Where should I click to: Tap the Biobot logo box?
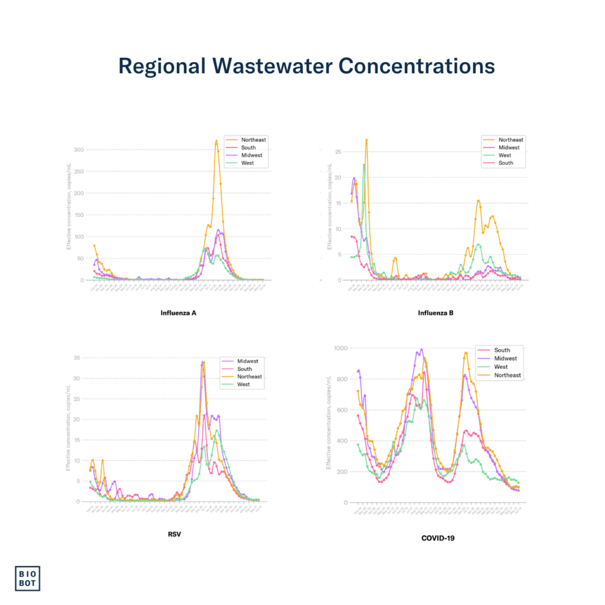pyautogui.click(x=28, y=578)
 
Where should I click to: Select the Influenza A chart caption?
pyautogui.click(x=178, y=313)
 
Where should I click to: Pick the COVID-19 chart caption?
pyautogui.click(x=437, y=538)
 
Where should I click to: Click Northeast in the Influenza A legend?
pyautogui.click(x=253, y=140)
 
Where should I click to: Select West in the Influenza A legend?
pyautogui.click(x=248, y=163)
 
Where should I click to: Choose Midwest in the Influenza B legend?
pyautogui.click(x=509, y=148)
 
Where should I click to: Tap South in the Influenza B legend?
pyautogui.click(x=506, y=163)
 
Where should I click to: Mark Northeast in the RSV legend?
pyautogui.click(x=249, y=376)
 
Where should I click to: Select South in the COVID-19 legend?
pyautogui.click(x=502, y=350)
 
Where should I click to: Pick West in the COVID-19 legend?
pyautogui.click(x=501, y=367)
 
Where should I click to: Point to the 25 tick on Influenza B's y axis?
pyautogui.click(x=339, y=152)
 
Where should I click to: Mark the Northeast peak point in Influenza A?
pyautogui.click(x=216, y=141)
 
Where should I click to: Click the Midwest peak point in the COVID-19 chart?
pyautogui.click(x=421, y=349)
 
